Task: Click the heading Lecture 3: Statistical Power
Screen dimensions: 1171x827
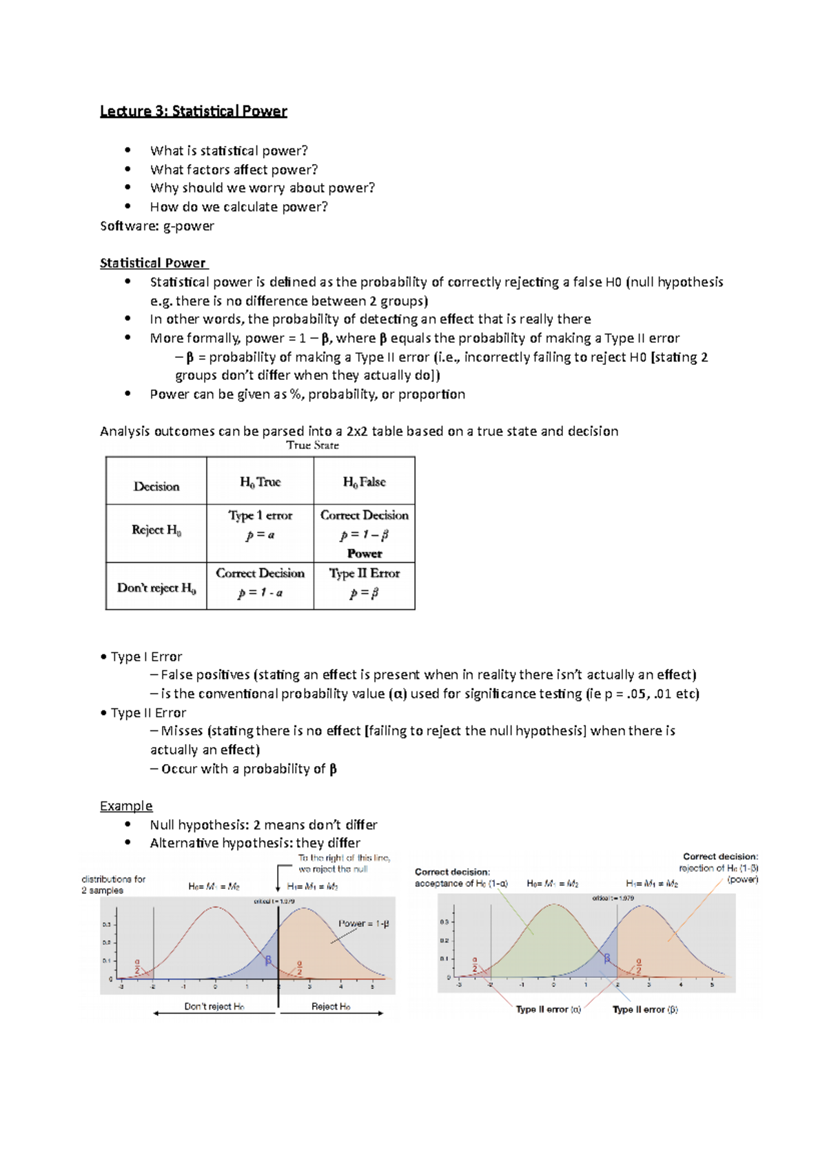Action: pyautogui.click(x=193, y=111)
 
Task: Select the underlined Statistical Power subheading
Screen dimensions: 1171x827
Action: pyautogui.click(x=153, y=263)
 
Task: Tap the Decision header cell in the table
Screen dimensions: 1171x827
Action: pyautogui.click(x=156, y=486)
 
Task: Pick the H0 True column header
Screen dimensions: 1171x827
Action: pyautogui.click(x=260, y=482)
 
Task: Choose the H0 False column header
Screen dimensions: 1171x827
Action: pyautogui.click(x=364, y=482)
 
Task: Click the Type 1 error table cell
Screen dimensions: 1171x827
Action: pyautogui.click(x=261, y=516)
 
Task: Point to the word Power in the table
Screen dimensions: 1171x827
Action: pyautogui.click(x=365, y=553)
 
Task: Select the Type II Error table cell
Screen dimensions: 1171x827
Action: pyautogui.click(x=364, y=573)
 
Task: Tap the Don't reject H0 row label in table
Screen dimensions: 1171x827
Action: pyautogui.click(x=156, y=588)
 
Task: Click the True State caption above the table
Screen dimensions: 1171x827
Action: pyautogui.click(x=312, y=446)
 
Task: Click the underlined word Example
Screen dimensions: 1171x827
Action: pyautogui.click(x=126, y=805)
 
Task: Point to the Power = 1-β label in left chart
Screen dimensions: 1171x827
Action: pyautogui.click(x=363, y=923)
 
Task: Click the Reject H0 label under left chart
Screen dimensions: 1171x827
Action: pyautogui.click(x=331, y=1006)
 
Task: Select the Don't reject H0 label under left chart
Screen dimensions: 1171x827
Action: pyautogui.click(x=214, y=1006)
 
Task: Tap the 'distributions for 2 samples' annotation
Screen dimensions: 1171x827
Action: pyautogui.click(x=113, y=885)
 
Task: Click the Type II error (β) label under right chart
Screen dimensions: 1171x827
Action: pyautogui.click(x=645, y=1010)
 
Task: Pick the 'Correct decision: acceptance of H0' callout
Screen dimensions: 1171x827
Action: pyautogui.click(x=460, y=878)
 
